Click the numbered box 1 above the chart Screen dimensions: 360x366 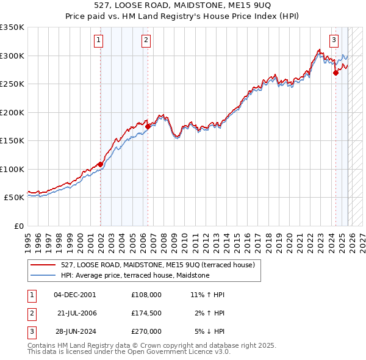point(99,41)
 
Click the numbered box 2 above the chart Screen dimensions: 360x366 point(146,41)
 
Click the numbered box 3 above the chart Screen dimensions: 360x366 point(334,41)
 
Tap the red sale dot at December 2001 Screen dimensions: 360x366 point(100,164)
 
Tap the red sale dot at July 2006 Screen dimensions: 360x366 point(148,126)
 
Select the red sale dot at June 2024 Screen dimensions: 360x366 point(335,73)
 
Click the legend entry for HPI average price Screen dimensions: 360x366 point(135,275)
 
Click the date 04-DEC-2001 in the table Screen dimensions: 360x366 point(74,294)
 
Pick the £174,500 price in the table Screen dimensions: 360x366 point(146,313)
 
